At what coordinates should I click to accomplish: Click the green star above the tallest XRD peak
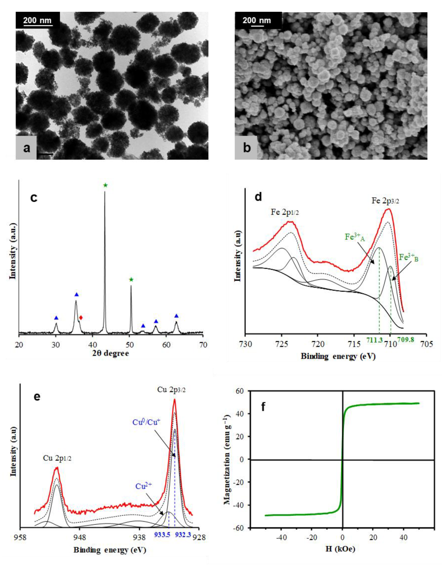tap(105, 185)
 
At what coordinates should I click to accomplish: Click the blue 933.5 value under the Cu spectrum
tap(162, 535)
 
